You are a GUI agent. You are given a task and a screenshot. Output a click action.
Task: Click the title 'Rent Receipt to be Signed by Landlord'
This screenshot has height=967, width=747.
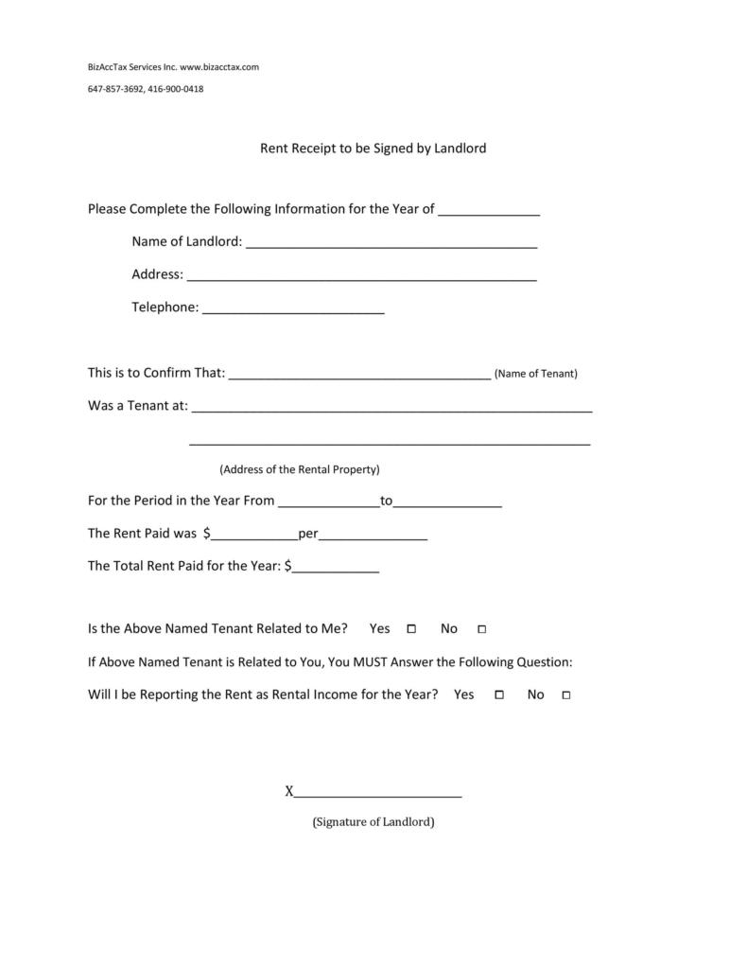click(373, 149)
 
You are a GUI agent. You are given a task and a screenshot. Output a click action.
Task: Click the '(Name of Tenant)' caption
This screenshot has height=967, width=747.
click(536, 374)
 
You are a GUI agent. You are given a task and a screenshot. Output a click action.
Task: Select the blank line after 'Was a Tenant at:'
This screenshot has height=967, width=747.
click(391, 409)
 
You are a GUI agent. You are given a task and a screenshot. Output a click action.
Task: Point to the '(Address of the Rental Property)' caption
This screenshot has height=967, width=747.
click(300, 469)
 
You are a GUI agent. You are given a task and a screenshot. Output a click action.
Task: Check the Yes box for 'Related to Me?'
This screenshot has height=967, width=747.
click(411, 629)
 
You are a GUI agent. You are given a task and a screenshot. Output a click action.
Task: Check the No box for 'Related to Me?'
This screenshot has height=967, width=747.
click(481, 629)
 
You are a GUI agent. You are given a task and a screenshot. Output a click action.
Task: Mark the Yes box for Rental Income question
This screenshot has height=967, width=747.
click(498, 695)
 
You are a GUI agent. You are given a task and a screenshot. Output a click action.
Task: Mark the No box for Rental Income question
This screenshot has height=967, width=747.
click(566, 695)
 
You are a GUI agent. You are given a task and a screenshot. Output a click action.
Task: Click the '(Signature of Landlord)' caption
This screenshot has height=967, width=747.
click(373, 822)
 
